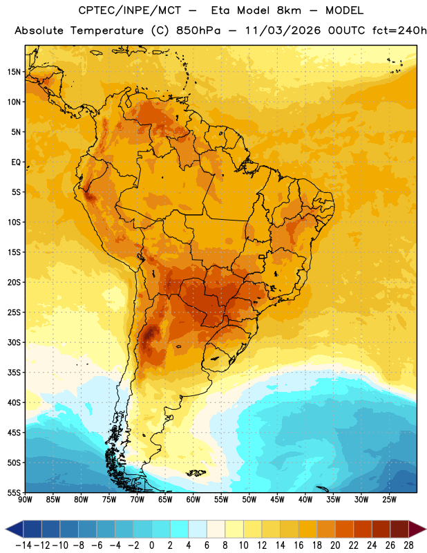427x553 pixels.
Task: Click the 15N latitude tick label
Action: [14, 72]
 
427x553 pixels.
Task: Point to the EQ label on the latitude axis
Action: [16, 162]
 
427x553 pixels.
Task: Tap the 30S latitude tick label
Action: [14, 342]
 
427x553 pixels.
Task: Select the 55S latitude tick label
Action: [14, 493]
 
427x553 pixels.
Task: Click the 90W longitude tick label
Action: [25, 500]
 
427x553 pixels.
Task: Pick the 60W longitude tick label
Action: [193, 500]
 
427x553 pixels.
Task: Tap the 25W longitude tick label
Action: [389, 500]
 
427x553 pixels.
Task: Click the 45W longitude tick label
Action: [277, 500]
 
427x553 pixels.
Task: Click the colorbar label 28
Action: [408, 545]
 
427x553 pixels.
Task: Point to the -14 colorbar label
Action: [23, 545]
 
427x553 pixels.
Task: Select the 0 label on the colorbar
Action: [151, 545]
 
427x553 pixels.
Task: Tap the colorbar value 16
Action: [298, 545]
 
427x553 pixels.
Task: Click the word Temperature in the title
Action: [107, 30]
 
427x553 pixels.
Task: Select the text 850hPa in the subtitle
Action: [198, 30]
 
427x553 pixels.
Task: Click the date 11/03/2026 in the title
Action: [283, 30]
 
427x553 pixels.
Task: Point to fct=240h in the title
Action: [399, 30]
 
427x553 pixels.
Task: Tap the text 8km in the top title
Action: [289, 10]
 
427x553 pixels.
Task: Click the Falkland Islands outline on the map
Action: [196, 473]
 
